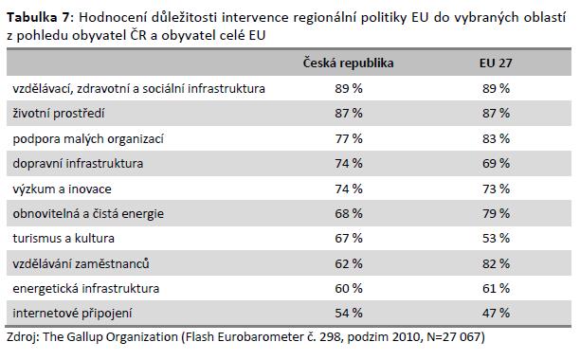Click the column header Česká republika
pyautogui.click(x=348, y=63)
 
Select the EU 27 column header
pyautogui.click(x=496, y=63)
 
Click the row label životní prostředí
pyautogui.click(x=59, y=113)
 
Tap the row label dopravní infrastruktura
pyautogui.click(x=78, y=163)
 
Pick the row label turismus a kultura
pyautogui.click(x=63, y=238)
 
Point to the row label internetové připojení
pyautogui.click(x=72, y=313)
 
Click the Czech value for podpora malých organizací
pyautogui.click(x=349, y=138)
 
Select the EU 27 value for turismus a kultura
pyautogui.click(x=496, y=238)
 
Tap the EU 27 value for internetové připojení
pyautogui.click(x=496, y=313)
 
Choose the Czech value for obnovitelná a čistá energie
pyautogui.click(x=349, y=214)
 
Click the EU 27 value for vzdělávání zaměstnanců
pyautogui.click(x=496, y=263)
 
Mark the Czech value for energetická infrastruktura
pyautogui.click(x=349, y=288)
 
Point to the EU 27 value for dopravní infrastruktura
pyautogui.click(x=496, y=163)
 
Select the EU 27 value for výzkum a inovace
pyautogui.click(x=496, y=189)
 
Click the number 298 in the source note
pyautogui.click(x=330, y=337)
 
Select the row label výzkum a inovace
pyautogui.click(x=62, y=189)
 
